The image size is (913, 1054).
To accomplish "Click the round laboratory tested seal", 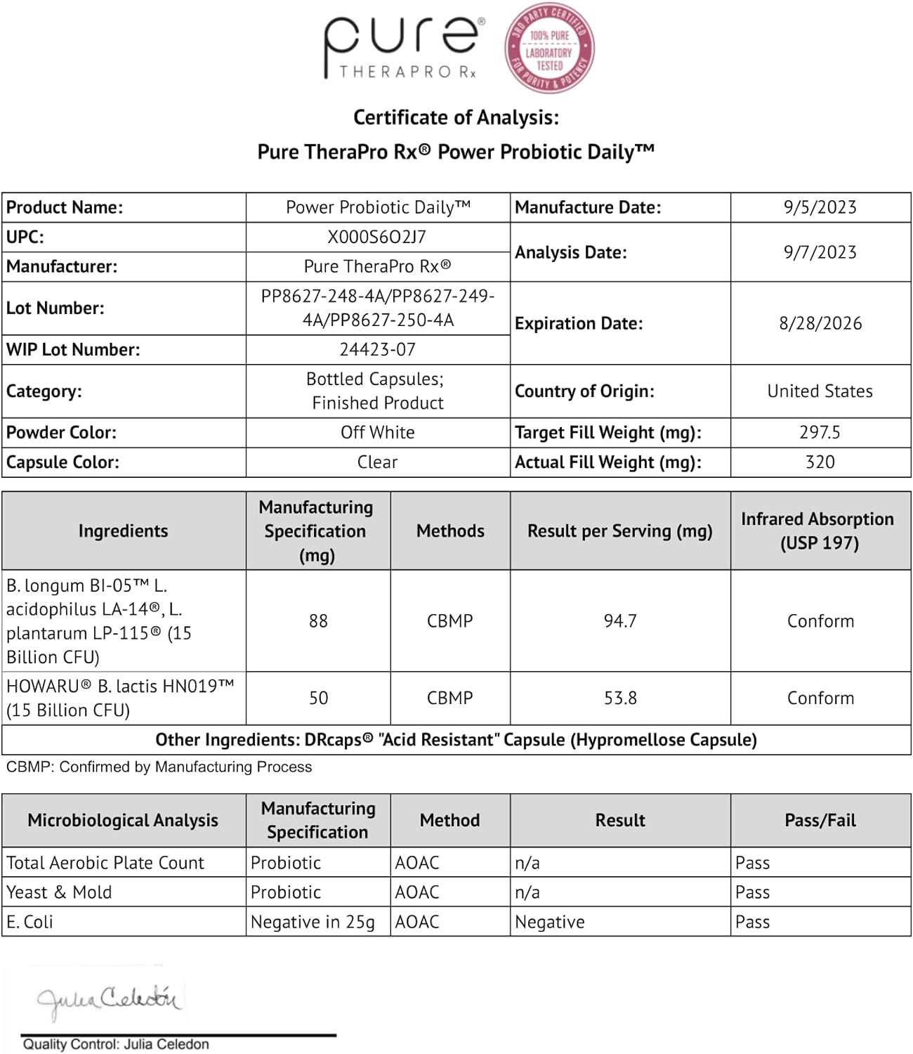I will (550, 48).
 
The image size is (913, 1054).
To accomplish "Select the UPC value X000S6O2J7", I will (377, 238).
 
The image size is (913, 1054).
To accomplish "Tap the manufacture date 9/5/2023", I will (820, 207).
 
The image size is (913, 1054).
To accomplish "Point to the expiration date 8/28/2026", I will (820, 323).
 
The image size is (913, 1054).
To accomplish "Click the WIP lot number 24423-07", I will (377, 349).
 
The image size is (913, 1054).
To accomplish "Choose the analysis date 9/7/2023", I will (820, 252).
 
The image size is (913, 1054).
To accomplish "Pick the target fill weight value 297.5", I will (820, 432).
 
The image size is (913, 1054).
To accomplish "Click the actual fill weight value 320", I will (820, 462).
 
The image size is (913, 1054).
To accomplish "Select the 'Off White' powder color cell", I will (377, 432).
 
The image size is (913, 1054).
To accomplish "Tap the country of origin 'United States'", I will (820, 391).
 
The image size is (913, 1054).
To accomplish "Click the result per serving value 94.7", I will (620, 621).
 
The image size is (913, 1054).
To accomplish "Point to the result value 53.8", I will (620, 698).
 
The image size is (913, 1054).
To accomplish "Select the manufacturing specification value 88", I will (318, 621).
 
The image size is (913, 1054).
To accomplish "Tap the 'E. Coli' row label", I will (29, 922).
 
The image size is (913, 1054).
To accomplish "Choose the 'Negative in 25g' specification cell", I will (313, 922).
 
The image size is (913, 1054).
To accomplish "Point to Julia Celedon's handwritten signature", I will (109, 999).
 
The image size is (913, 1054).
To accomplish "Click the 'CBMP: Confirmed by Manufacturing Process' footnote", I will (159, 767).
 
